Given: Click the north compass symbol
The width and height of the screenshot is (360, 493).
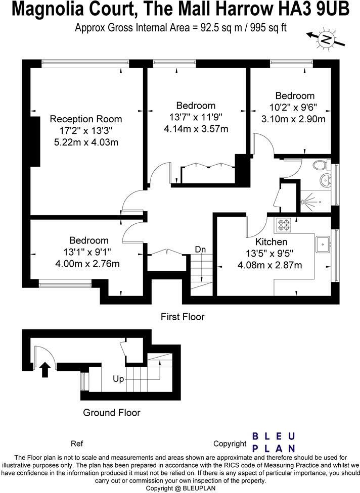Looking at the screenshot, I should tap(327, 40).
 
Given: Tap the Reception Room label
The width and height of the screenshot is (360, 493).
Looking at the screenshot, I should tap(86, 119).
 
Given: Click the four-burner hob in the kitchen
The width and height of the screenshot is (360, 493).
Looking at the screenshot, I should tap(284, 224).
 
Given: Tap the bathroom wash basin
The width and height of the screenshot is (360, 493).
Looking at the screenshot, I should tap(326, 179).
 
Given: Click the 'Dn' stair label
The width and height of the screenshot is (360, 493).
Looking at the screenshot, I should tap(201, 250).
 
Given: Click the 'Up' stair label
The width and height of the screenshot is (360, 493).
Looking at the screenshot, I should tap(118, 378).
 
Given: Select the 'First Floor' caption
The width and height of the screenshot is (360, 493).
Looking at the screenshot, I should tap(183, 317).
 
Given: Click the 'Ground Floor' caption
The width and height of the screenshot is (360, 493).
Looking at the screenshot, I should tap(111, 413).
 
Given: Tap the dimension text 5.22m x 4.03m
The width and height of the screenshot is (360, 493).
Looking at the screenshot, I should tap(86, 142).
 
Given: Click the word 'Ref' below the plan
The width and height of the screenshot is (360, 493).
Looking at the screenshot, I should tap(77, 444).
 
